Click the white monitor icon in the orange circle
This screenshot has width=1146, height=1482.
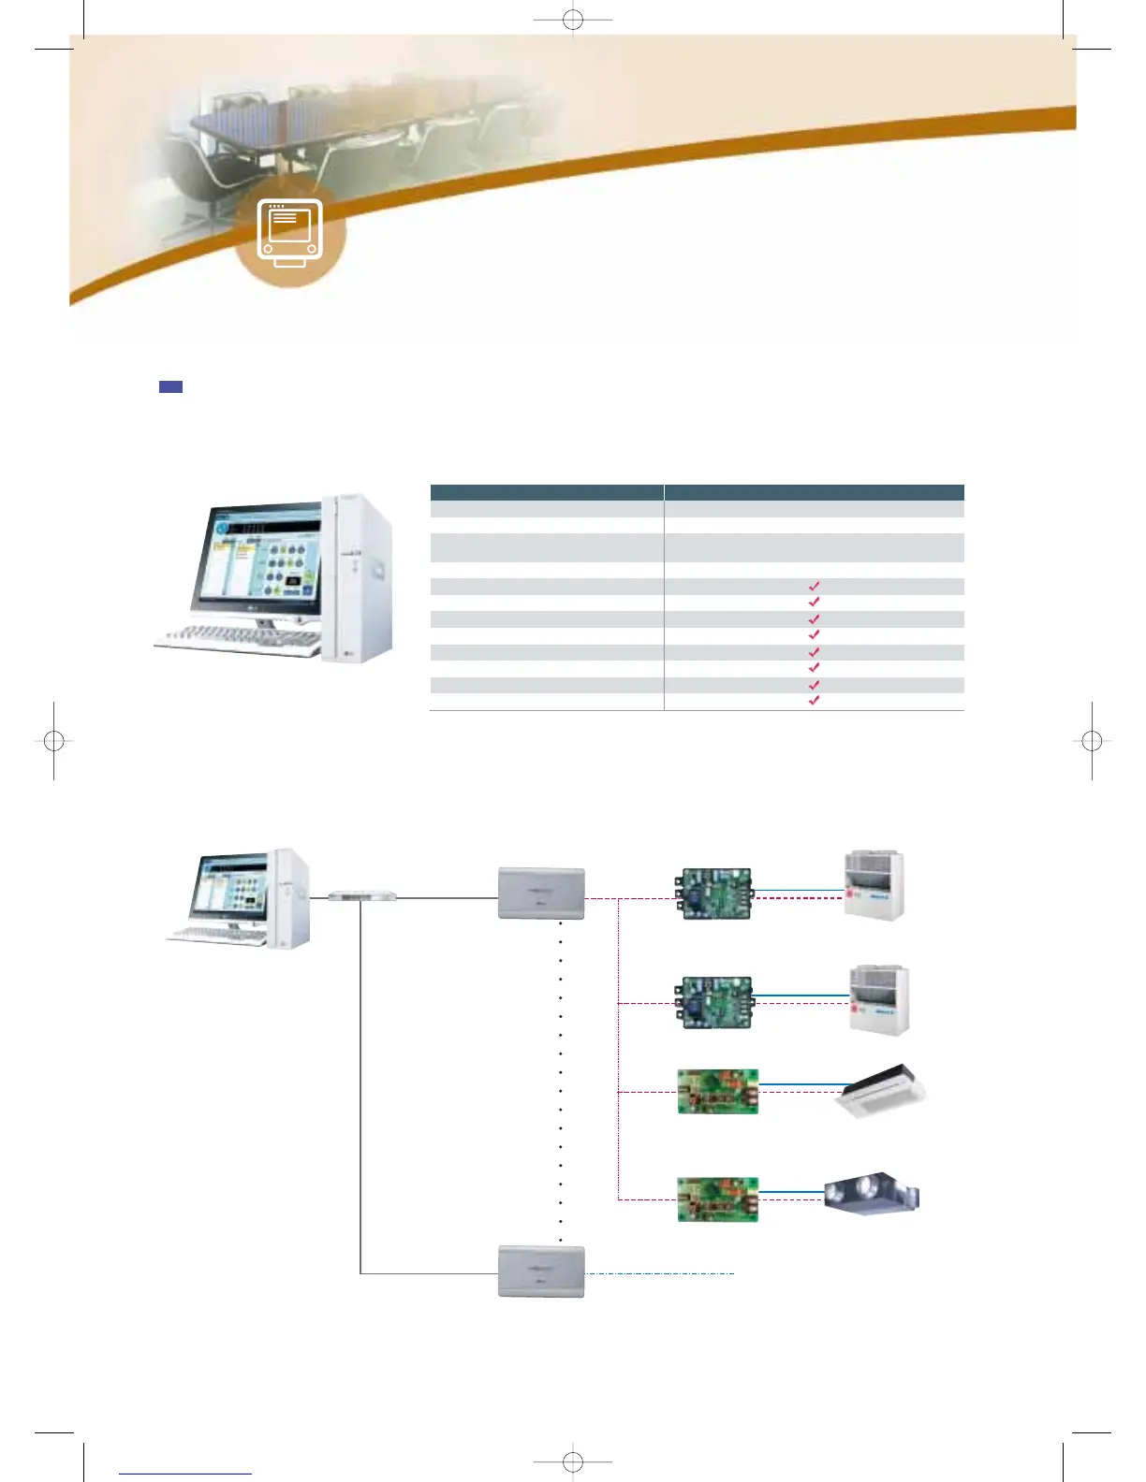(290, 232)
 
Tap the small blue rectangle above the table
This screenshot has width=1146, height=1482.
(170, 386)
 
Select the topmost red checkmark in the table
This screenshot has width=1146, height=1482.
(814, 587)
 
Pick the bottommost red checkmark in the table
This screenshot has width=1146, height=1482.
(814, 700)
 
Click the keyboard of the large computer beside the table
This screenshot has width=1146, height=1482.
(238, 639)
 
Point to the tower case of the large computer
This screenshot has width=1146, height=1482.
(357, 577)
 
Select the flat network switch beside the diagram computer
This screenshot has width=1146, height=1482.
(362, 896)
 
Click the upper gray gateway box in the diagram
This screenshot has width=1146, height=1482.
(541, 894)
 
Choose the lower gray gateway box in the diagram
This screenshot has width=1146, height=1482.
(541, 1271)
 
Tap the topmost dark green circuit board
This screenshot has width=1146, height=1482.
(714, 894)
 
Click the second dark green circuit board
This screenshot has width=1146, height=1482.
(714, 1003)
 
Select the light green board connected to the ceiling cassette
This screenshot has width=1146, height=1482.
(717, 1092)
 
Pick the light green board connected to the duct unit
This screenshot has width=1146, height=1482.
(717, 1199)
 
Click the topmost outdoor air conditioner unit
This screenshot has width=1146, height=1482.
(874, 885)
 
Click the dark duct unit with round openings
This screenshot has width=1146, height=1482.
(871, 1196)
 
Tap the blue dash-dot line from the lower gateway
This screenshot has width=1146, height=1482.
(660, 1273)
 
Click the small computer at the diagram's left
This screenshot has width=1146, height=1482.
(239, 898)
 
